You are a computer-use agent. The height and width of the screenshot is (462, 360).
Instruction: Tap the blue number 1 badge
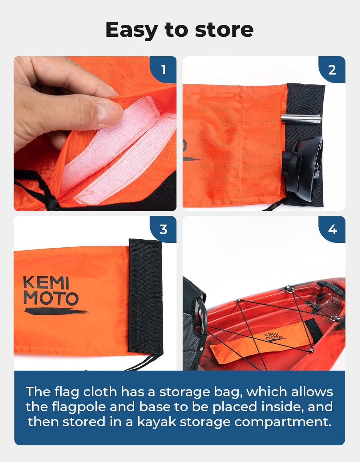point(163,70)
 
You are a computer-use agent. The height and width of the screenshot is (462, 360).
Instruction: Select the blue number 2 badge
point(332,70)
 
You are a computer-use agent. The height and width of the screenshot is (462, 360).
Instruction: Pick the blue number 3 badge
point(163,229)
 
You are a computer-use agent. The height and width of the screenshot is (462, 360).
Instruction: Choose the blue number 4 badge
point(332,229)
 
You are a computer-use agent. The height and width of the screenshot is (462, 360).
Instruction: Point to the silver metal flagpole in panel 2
point(300,118)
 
